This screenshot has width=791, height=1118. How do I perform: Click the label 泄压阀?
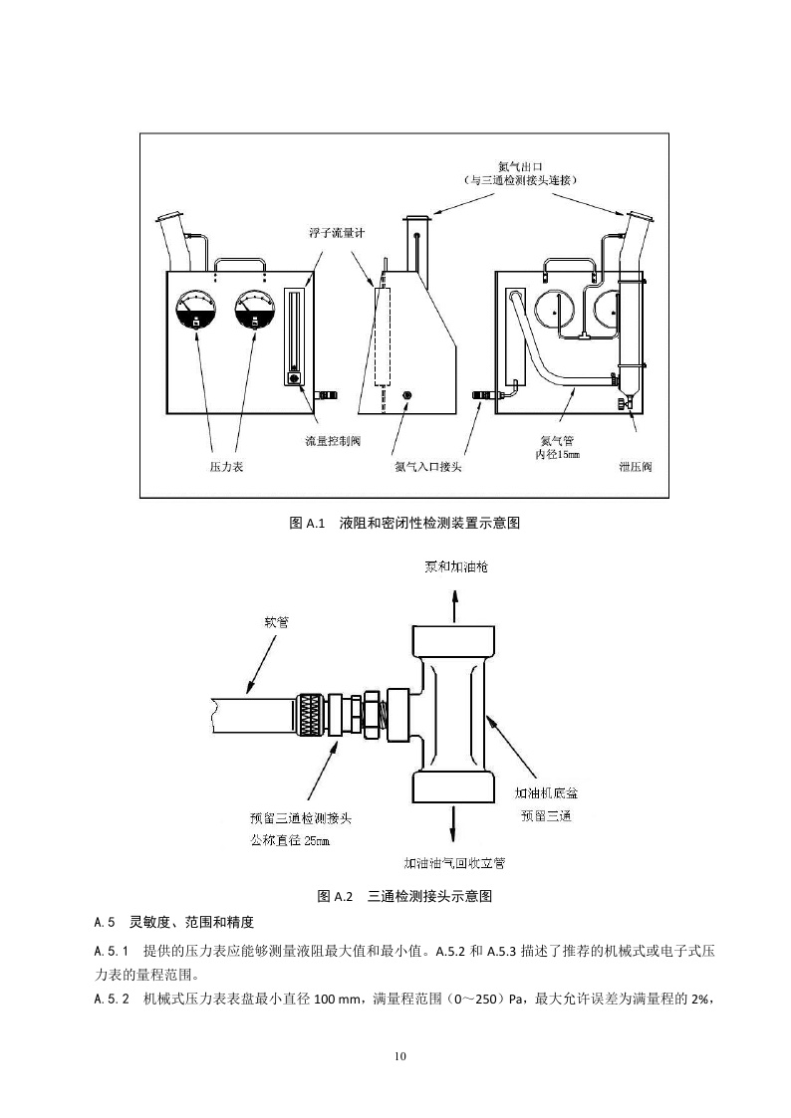tap(635, 465)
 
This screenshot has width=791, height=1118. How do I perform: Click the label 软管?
tap(276, 622)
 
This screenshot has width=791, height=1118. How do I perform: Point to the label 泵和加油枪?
tap(456, 566)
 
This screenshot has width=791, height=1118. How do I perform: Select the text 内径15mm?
tap(557, 453)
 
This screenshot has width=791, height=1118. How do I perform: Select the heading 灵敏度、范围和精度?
tap(193, 922)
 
